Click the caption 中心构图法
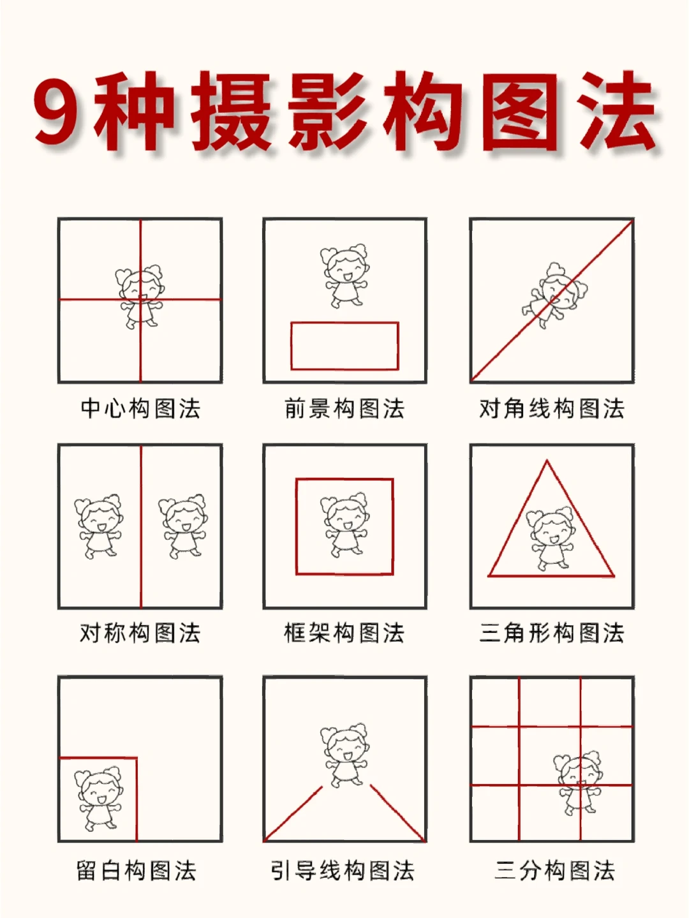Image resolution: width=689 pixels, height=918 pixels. click(140, 408)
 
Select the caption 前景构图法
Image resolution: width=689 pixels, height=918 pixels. click(344, 408)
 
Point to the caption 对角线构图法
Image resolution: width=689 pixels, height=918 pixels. click(552, 408)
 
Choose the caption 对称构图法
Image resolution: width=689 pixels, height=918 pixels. click(140, 633)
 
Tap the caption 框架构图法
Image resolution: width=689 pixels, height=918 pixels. click(344, 633)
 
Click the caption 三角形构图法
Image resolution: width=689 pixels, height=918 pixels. click(552, 633)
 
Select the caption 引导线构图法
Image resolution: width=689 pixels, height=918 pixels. click(343, 870)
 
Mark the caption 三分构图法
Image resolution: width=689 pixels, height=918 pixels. click(554, 870)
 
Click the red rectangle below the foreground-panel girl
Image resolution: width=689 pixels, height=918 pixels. click(344, 346)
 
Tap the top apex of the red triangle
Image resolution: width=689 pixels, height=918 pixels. click(547, 461)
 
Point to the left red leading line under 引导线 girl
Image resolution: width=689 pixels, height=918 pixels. click(294, 813)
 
